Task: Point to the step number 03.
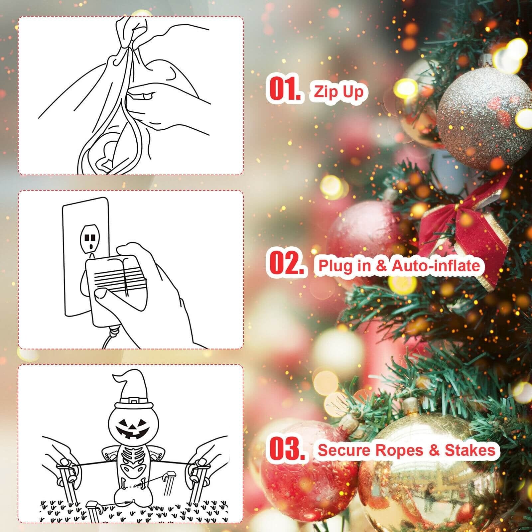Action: [287, 449]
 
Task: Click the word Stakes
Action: [470, 450]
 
